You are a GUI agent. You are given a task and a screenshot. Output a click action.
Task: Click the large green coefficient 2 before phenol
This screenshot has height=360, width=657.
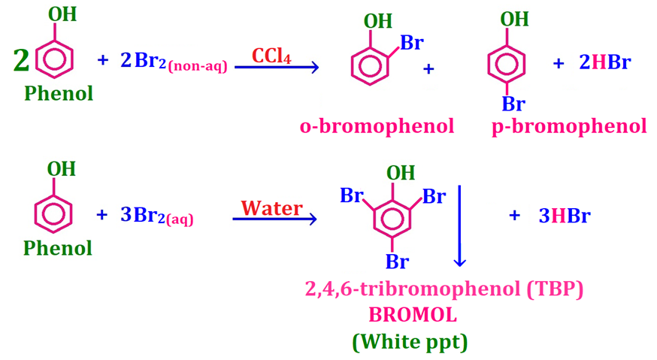pos(21,60)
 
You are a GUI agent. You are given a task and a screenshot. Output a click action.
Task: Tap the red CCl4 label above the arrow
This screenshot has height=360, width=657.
pos(271,54)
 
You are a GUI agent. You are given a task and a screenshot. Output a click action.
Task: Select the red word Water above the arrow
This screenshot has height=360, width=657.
pos(271,207)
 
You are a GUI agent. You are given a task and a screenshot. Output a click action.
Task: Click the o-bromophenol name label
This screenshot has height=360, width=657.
pos(377,126)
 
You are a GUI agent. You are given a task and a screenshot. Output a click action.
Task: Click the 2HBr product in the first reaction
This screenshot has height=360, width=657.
pos(604,63)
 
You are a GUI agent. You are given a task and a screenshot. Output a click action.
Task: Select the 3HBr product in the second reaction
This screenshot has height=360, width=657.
pos(564,216)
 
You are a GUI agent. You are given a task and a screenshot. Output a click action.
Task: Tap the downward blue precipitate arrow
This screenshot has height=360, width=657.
pos(460,225)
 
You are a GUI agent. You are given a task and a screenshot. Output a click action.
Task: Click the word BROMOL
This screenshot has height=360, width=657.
pos(410,316)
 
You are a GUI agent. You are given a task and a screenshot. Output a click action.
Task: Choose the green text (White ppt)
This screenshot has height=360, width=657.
pos(410,342)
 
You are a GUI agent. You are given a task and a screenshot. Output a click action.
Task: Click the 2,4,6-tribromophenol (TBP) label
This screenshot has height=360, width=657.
pos(444,289)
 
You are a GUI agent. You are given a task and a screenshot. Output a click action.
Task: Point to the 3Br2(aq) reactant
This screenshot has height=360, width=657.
pos(156,216)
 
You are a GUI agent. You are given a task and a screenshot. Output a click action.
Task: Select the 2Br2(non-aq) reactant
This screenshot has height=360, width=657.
pos(174,62)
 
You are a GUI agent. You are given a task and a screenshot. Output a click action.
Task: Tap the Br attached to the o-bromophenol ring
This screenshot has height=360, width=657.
pos(411,43)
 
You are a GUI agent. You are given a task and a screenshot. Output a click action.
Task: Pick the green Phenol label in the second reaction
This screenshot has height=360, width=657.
pos(58,248)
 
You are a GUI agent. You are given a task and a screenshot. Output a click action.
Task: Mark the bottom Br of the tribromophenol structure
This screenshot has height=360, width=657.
pos(397,262)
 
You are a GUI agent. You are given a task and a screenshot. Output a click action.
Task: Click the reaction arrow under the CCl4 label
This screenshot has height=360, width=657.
pos(277,68)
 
